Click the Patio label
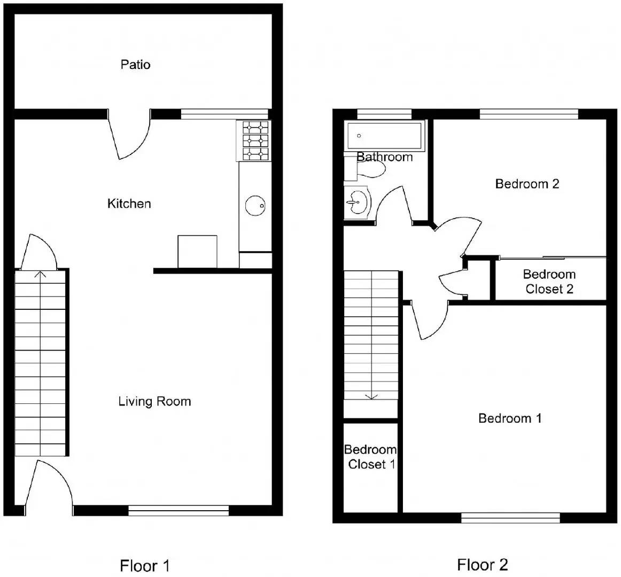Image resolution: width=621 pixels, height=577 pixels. (135, 65)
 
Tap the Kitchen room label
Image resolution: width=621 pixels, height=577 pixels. (129, 204)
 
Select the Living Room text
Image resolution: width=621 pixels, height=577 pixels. (154, 401)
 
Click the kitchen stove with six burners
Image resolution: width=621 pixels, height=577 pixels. (255, 141)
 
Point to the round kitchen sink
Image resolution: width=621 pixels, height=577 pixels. (255, 205)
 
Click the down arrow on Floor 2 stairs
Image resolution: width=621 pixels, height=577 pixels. (371, 396)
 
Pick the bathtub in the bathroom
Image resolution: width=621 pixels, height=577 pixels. (384, 136)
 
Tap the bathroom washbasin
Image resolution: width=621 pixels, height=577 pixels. (356, 202)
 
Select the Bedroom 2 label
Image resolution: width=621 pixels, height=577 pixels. (527, 184)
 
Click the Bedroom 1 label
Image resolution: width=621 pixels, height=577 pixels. (509, 418)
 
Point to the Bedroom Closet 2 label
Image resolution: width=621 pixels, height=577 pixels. (549, 282)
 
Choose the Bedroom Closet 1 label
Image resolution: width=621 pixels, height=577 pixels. (370, 457)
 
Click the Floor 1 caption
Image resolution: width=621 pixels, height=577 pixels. (144, 565)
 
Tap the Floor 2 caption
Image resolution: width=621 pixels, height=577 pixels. (482, 564)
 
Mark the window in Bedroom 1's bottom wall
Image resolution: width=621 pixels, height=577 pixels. (510, 517)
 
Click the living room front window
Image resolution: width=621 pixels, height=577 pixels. (178, 511)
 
